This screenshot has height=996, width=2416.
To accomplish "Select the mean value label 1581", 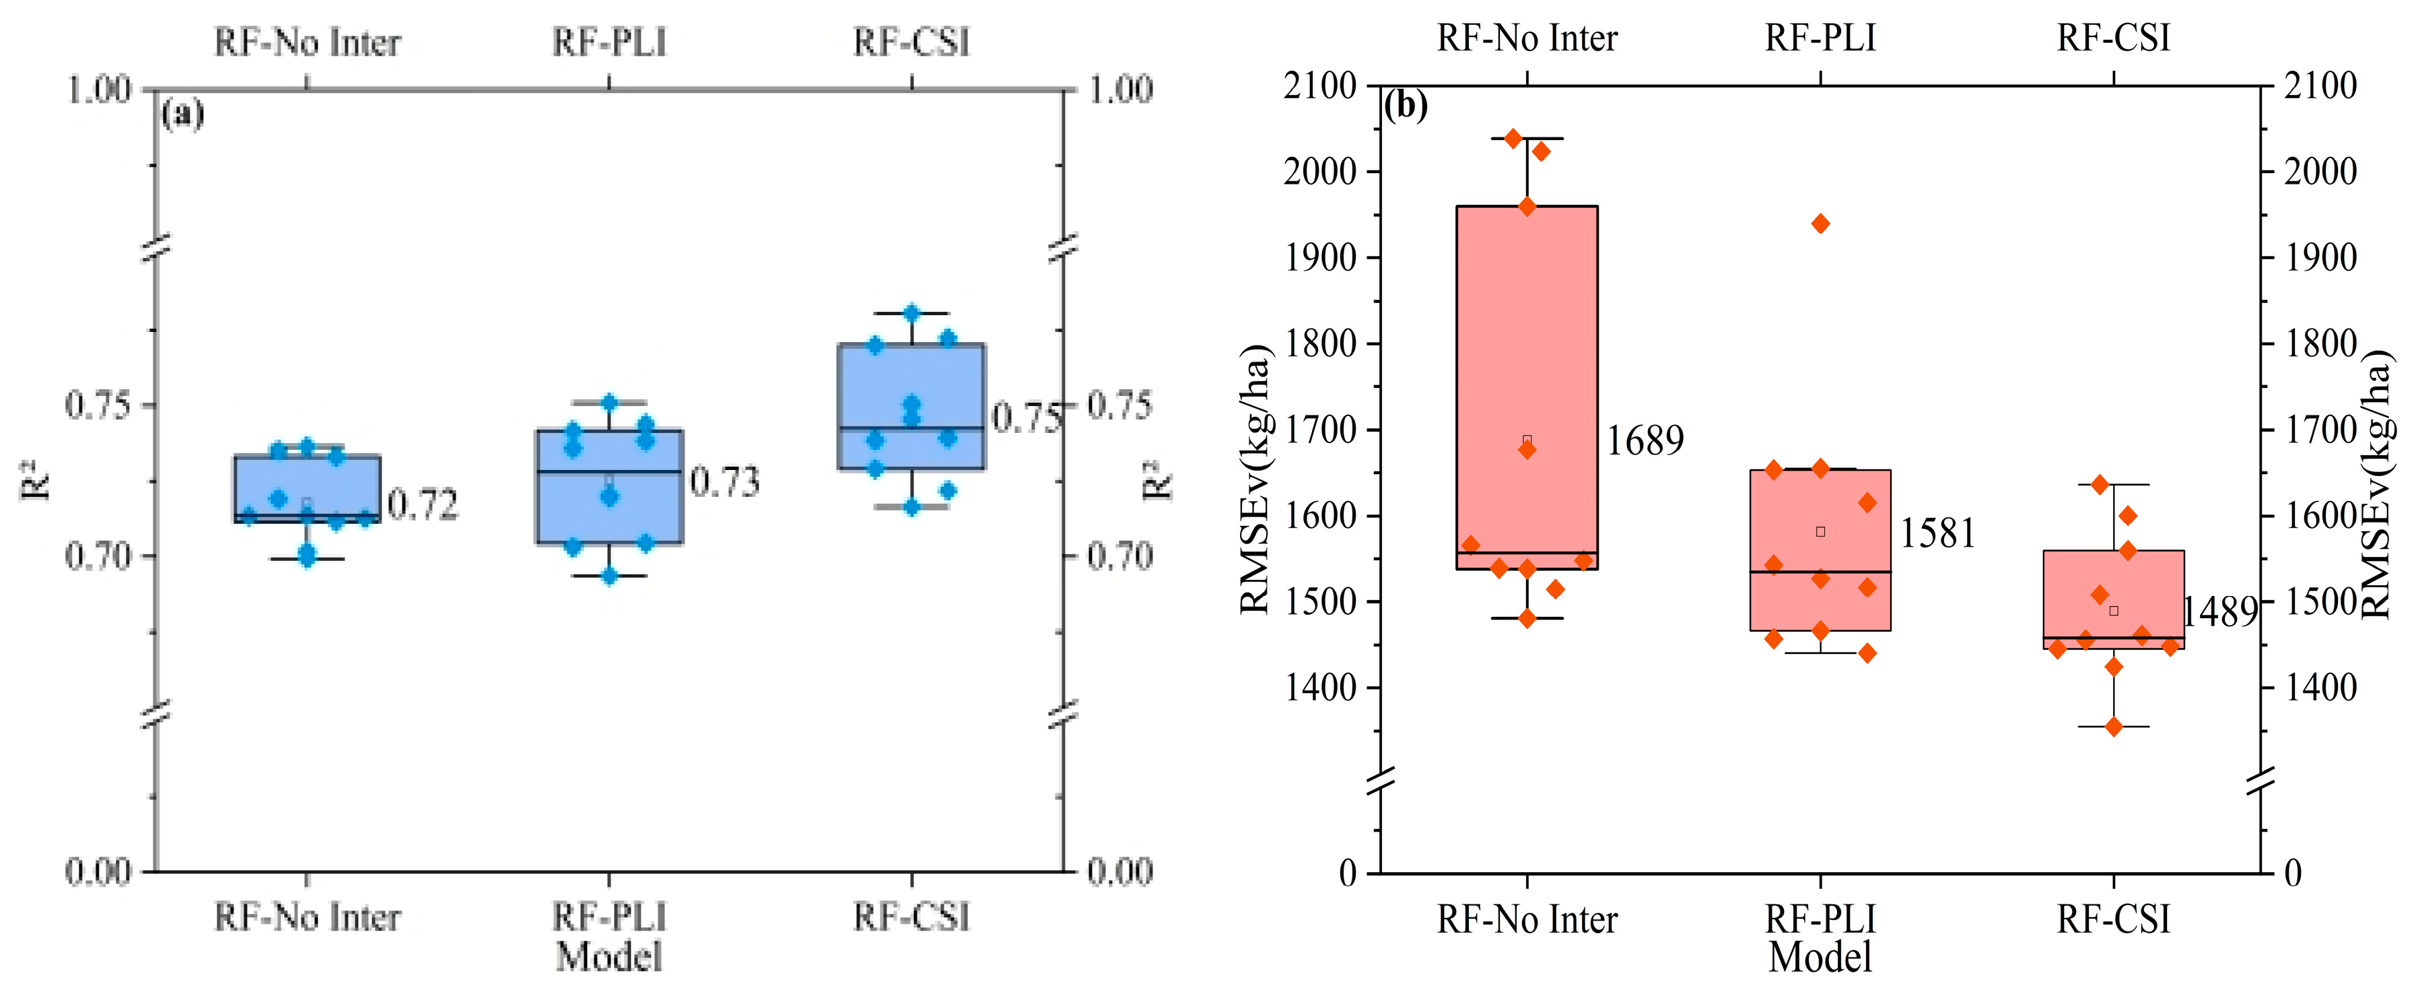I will coord(1937,533).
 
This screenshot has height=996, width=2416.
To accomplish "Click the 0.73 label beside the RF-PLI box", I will coord(724,482).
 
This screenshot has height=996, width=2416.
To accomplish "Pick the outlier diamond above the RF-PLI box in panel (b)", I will coord(1820,223).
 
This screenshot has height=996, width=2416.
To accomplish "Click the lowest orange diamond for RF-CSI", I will coord(2114,727).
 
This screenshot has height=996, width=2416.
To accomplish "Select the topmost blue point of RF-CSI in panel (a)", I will coord(911,313).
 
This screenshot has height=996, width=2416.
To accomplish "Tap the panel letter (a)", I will coord(182,114).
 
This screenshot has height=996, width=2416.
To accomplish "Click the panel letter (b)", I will coord(1406,105).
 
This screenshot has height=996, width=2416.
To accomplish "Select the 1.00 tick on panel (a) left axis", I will coord(98,90).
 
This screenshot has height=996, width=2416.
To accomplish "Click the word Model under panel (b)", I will coord(1820,958).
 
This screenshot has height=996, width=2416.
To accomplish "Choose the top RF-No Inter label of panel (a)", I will coord(307,42).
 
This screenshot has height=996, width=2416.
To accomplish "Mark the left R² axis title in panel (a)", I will coord(35,479).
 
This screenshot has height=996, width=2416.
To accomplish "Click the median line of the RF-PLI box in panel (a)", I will coord(609,472).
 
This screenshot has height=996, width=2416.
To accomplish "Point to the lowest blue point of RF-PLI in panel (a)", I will coord(609,576).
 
